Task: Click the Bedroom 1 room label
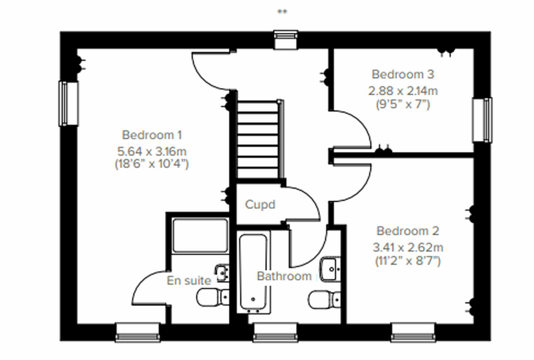point(152,135)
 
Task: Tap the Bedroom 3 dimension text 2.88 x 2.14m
point(403,91)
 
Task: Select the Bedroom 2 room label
point(408,231)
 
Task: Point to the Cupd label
point(260,205)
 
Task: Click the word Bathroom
point(284,276)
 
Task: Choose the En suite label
point(189,281)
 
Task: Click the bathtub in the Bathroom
point(253,272)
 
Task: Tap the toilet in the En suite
point(213,297)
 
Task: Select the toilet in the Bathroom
point(324,300)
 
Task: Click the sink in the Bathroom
point(330,269)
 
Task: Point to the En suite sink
point(222,273)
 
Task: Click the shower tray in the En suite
point(200,236)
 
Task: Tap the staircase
point(261,139)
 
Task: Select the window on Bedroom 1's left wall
point(68,103)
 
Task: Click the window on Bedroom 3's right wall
point(482,120)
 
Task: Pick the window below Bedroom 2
point(413,333)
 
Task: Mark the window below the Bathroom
point(275,333)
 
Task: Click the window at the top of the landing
point(286,39)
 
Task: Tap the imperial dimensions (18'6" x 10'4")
point(152,164)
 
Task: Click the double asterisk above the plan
point(282,12)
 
